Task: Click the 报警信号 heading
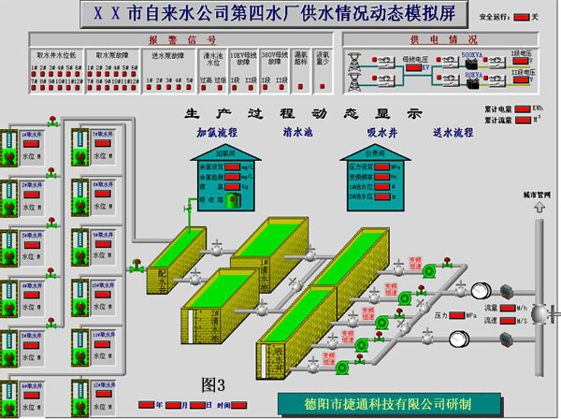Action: (x=183, y=40)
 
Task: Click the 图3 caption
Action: (x=214, y=383)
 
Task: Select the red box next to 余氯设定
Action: (x=230, y=166)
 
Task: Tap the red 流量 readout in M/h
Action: (x=505, y=307)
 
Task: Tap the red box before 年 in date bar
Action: (x=146, y=405)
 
